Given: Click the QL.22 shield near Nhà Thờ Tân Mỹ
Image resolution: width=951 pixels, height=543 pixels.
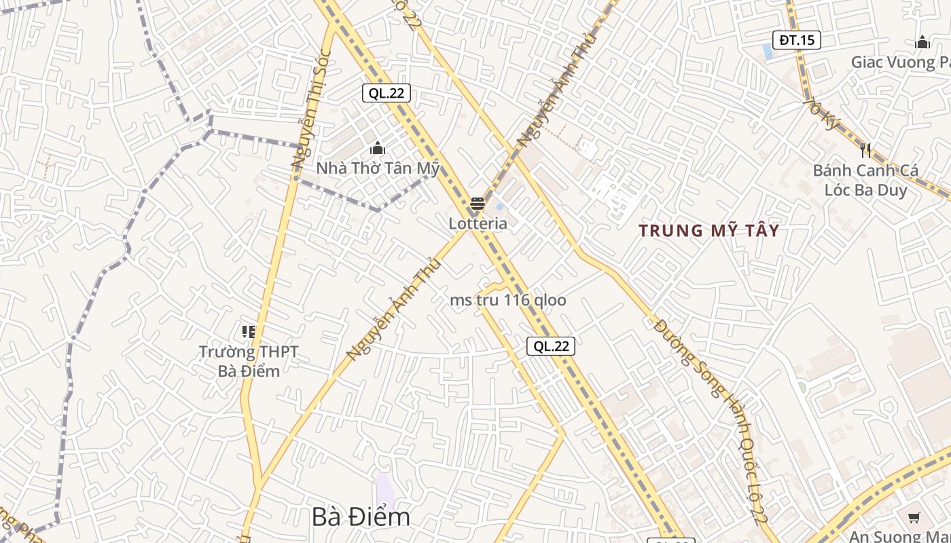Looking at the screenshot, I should (387, 93).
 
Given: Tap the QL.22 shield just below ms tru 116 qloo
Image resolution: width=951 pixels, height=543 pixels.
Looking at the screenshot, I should (551, 346).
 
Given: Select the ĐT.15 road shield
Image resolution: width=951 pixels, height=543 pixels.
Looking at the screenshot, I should (797, 40).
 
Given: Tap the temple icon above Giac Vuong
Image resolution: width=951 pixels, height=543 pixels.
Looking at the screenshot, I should (922, 43).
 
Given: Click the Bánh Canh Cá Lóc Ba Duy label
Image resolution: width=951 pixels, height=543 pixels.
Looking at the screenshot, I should (865, 180).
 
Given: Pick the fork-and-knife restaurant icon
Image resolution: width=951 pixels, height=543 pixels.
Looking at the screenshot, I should (865, 150).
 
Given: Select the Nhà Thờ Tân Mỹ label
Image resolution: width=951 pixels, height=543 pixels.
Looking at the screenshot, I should (378, 168).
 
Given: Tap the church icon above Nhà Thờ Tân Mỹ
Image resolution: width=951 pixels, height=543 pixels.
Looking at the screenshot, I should (378, 148).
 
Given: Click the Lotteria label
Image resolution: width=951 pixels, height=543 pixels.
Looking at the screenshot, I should (478, 223).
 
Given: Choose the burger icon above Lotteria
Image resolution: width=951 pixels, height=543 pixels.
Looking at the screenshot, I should (478, 204).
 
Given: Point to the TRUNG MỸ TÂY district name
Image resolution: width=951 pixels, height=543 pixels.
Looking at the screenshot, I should (708, 231).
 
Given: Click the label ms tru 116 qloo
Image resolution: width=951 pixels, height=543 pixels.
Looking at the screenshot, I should (508, 300).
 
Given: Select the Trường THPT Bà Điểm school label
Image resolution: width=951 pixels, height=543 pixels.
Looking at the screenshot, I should (249, 361).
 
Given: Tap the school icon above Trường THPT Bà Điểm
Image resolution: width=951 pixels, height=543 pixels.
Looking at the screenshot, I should (249, 332).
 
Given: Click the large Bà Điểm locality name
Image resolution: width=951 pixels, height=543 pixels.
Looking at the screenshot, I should (361, 517).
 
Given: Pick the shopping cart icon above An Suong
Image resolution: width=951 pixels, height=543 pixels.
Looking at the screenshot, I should (914, 517).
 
